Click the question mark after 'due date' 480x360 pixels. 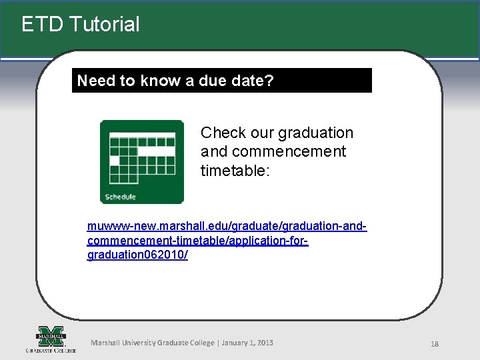pyautogui.click(x=269, y=81)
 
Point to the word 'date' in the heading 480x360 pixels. pyautogui.click(x=249, y=81)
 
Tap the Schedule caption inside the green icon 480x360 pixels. pyautogui.click(x=120, y=197)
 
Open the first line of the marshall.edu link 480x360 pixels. pyautogui.click(x=227, y=227)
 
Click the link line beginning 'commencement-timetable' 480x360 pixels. pyautogui.click(x=197, y=241)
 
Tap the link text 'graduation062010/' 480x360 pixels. pyautogui.click(x=137, y=255)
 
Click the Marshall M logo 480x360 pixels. pyautogui.click(x=51, y=335)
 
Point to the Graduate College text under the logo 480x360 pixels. pyautogui.click(x=51, y=350)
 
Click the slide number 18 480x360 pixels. pyautogui.click(x=434, y=344)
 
